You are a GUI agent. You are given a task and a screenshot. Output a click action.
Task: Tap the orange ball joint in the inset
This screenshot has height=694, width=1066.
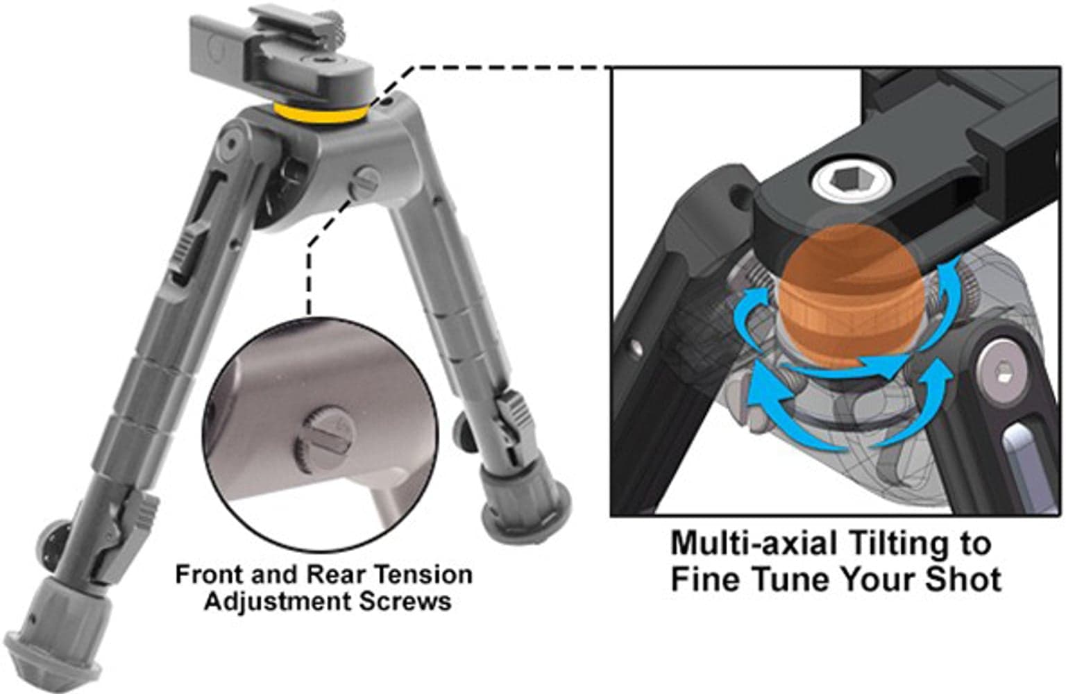pyautogui.click(x=851, y=296)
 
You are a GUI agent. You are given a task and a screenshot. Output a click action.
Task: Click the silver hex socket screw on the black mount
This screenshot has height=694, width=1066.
pyautogui.click(x=852, y=181)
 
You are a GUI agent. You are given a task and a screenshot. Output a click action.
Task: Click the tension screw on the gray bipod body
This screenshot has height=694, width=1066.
pyautogui.click(x=364, y=183)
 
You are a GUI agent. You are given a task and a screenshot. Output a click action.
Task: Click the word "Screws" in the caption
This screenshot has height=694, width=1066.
pyautogui.click(x=405, y=602)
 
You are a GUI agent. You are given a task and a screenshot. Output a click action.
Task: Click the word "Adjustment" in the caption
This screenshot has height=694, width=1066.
pyautogui.click(x=279, y=602)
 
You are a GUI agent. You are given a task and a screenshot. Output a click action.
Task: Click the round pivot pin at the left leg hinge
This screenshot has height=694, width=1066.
pyautogui.click(x=232, y=142)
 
